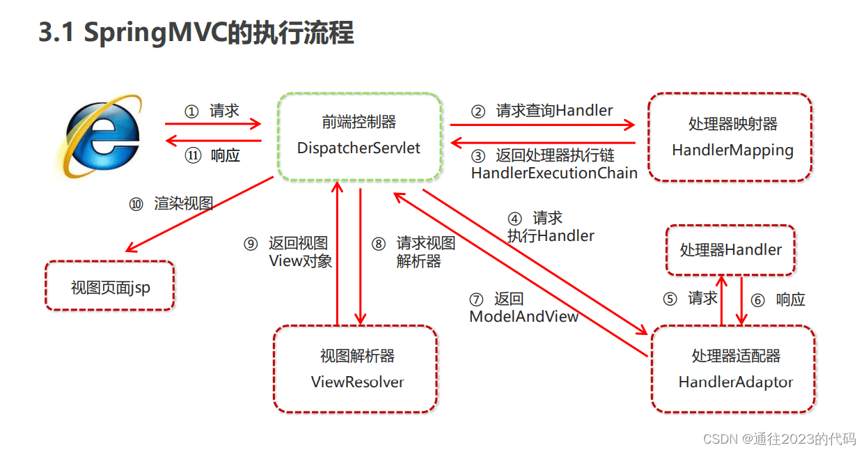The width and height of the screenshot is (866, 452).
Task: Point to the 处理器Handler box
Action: pyautogui.click(x=730, y=250)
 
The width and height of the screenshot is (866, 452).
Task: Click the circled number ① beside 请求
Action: pyautogui.click(x=191, y=111)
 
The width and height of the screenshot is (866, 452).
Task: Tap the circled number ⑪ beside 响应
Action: pyautogui.click(x=192, y=156)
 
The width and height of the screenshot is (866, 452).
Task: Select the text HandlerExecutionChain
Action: pyautogui.click(x=554, y=173)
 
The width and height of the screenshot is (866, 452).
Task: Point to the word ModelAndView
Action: pyautogui.click(x=524, y=317)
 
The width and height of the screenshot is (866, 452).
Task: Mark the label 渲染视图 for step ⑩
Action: pyautogui.click(x=182, y=204)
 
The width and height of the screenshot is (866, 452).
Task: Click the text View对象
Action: pyautogui.click(x=300, y=261)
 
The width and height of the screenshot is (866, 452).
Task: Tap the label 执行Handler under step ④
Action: pyautogui.click(x=551, y=236)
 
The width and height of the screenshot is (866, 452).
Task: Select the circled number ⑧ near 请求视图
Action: pyautogui.click(x=378, y=244)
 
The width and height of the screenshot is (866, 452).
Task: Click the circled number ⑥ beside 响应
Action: pyautogui.click(x=758, y=300)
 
